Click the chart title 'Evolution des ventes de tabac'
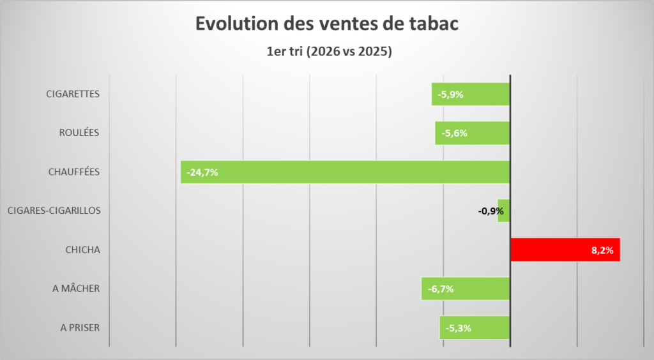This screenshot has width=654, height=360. click(x=326, y=25)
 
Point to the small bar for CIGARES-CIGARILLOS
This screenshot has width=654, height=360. click(x=504, y=211)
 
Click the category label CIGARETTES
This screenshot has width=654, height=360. click(x=73, y=94)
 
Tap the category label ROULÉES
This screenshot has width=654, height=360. click(x=79, y=133)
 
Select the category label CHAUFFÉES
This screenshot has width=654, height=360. click(x=74, y=172)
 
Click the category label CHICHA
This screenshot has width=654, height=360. click(x=82, y=250)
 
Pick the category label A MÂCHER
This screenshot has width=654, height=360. click(x=76, y=289)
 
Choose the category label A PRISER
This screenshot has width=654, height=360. click(x=80, y=328)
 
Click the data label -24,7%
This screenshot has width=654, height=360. click(x=202, y=172)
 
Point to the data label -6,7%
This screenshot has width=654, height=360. click(x=441, y=289)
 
